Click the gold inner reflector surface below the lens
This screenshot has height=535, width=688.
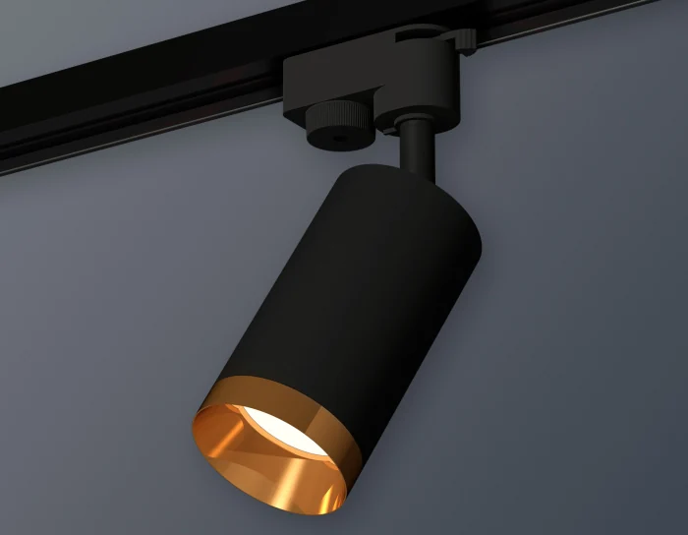coord(265,467)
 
